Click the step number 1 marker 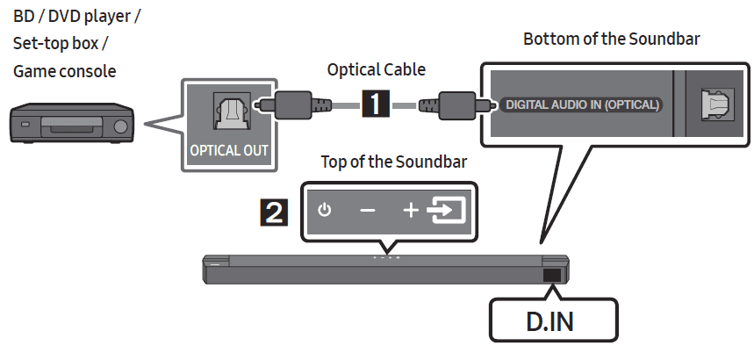pyautogui.click(x=376, y=104)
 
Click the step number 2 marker pyautogui.click(x=276, y=212)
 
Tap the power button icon pyautogui.click(x=325, y=211)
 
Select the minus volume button pyautogui.click(x=367, y=212)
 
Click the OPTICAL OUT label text pyautogui.click(x=230, y=149)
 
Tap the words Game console pyautogui.click(x=64, y=70)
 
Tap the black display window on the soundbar pyautogui.click(x=553, y=275)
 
